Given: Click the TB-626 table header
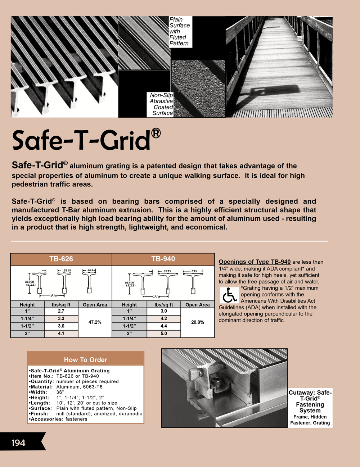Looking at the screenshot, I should pos(61,259).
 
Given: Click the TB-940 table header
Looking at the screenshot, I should pos(163,259).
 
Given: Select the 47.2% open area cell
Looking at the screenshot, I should pos(95,322).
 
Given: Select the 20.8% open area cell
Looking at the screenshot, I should pos(197,322).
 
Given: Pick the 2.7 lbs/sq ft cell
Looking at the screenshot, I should pos(61,311).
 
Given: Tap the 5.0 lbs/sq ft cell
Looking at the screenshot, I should pos(164,334).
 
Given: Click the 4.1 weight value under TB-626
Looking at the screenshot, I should pos(61,334).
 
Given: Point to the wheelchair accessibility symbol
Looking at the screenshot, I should pos(229,295).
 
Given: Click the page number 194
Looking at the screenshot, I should pos(18,443).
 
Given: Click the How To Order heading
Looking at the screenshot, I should pos(86,360).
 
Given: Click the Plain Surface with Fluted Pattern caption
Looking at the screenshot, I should pos(179,32).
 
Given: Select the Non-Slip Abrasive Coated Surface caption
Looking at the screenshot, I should pos(161,104).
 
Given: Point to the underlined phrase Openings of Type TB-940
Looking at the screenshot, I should pos(255,262).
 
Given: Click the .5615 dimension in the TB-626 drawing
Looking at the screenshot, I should pos(67,271).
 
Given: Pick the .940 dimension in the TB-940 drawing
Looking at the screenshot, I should pos(194,271).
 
